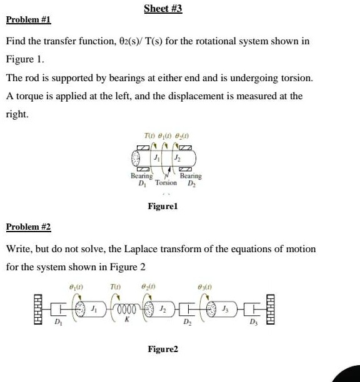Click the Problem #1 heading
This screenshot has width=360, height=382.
28,20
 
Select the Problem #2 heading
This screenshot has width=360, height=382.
28,226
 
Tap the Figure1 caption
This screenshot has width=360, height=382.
162,205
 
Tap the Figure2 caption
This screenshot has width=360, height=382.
162,350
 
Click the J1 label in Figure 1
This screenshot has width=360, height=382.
158,158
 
